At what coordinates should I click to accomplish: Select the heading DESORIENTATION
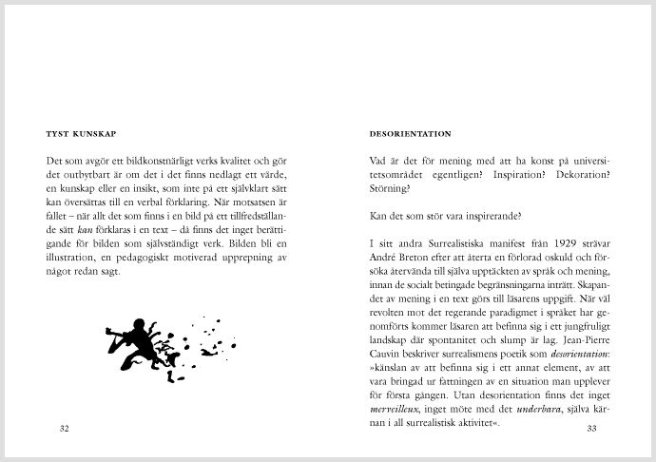(x=410, y=134)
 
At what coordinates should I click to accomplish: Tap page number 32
(x=65, y=429)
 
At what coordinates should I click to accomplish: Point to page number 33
(x=590, y=429)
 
